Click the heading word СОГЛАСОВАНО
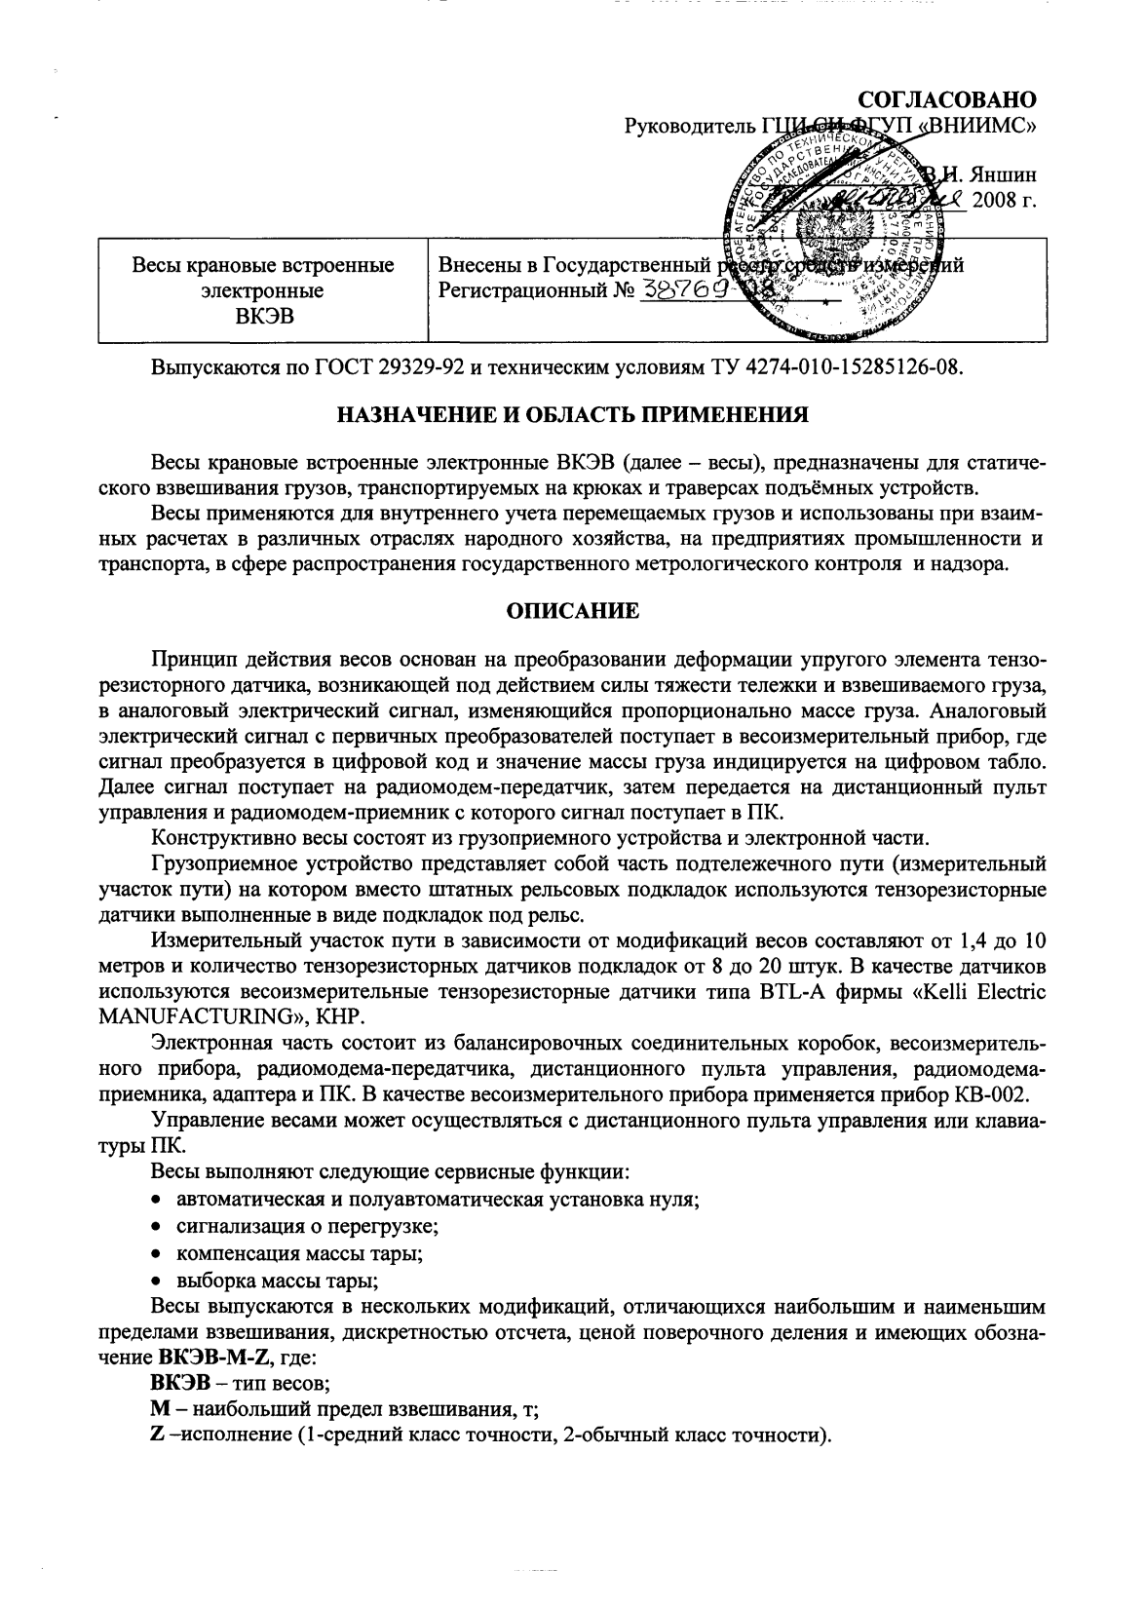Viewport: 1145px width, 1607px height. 946,100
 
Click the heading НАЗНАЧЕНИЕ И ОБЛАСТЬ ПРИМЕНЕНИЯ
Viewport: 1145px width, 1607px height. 572,414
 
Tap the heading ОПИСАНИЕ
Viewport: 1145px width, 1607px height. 572,611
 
